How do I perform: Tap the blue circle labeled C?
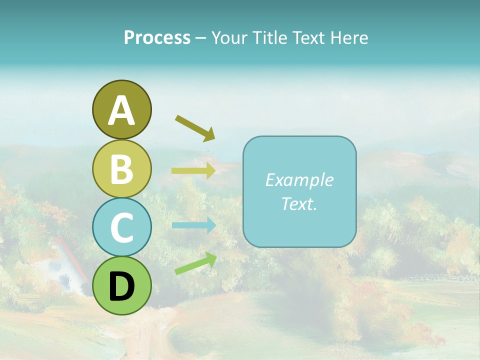click(121, 227)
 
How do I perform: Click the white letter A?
click(121, 111)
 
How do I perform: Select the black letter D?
click(121, 286)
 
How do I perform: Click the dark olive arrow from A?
click(195, 127)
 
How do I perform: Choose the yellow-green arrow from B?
click(193, 170)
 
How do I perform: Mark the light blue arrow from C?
click(193, 225)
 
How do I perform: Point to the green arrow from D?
click(195, 263)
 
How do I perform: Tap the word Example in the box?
click(299, 180)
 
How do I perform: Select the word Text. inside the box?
click(299, 204)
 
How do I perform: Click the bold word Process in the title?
click(157, 38)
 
